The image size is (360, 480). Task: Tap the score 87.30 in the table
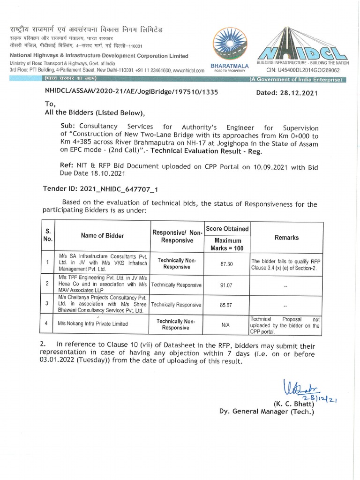[227, 264]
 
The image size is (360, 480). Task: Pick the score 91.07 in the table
[227, 285]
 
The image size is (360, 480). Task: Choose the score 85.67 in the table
[227, 304]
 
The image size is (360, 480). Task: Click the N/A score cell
[227, 324]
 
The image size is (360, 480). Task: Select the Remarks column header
[286, 238]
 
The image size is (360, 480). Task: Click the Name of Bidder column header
[102, 236]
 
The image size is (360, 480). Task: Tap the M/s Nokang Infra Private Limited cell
[92, 324]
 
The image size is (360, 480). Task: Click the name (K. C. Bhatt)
[293, 403]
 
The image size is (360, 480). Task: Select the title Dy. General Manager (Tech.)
[266, 412]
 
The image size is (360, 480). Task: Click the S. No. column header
[48, 235]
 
